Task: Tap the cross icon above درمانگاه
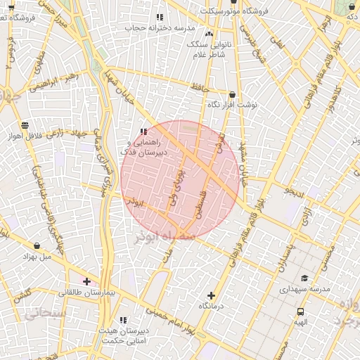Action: click(x=211, y=295)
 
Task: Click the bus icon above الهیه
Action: click(x=301, y=311)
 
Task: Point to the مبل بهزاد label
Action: click(x=37, y=257)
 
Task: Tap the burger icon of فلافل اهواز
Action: click(x=25, y=125)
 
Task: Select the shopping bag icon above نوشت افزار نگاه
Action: click(x=232, y=95)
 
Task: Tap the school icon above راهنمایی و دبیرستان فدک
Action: click(x=143, y=131)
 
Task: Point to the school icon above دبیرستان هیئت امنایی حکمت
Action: click(x=124, y=321)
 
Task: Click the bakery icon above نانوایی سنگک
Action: click(x=209, y=33)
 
